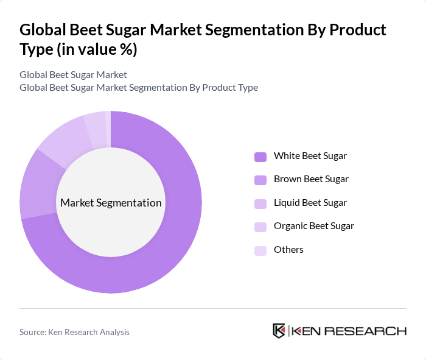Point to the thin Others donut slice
coord(108,120)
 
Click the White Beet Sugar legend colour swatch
coord(260,157)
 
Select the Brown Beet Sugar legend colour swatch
coord(260,180)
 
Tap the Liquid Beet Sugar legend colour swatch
coord(260,203)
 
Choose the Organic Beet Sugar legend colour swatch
coord(260,227)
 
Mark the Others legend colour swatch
coord(260,250)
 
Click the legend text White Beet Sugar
coord(310,156)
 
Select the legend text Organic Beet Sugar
coord(313,226)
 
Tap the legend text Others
coord(288,250)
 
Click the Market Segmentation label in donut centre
coord(111,203)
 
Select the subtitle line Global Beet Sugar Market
coord(73,74)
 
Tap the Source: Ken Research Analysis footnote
coord(74,332)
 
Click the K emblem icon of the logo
coord(279,331)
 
